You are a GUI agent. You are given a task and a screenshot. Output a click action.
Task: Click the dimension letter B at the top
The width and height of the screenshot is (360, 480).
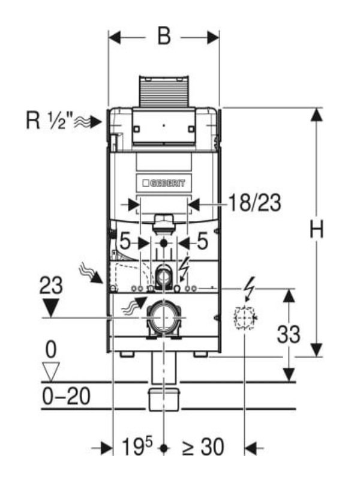[x=164, y=37]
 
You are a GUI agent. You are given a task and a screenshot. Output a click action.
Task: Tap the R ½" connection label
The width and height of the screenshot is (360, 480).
[x=50, y=121]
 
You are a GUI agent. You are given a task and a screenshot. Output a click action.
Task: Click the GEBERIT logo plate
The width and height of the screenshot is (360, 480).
[x=164, y=183]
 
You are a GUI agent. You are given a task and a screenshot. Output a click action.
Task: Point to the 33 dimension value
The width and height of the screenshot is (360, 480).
[x=289, y=334]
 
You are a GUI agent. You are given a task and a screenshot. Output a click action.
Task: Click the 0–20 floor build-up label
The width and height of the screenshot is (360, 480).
[x=66, y=396]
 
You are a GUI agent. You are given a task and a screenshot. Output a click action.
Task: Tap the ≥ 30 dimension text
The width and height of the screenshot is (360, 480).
[x=203, y=447]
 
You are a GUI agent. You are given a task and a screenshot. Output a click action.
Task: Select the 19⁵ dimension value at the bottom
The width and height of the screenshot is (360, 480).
[x=137, y=446]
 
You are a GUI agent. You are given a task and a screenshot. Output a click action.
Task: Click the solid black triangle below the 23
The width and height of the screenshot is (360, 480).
[x=51, y=308]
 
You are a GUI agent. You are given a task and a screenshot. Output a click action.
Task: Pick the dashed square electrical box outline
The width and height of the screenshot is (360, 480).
[x=245, y=318]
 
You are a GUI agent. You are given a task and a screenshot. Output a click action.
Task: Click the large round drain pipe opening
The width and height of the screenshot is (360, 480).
[x=164, y=318]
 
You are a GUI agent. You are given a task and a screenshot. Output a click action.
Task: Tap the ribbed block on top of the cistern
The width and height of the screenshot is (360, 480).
[x=164, y=92]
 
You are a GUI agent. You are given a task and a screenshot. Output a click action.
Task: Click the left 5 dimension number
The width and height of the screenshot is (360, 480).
[x=125, y=241]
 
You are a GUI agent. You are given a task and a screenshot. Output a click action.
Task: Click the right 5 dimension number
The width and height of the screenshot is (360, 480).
[x=202, y=241]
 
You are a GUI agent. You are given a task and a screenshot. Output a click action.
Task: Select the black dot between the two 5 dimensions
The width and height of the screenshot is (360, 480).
[x=164, y=244]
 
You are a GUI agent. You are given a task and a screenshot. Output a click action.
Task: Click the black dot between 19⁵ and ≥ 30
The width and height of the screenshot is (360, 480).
[x=164, y=448]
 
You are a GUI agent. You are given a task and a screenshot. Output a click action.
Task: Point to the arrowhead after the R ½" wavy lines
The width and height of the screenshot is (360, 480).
[x=95, y=122]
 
